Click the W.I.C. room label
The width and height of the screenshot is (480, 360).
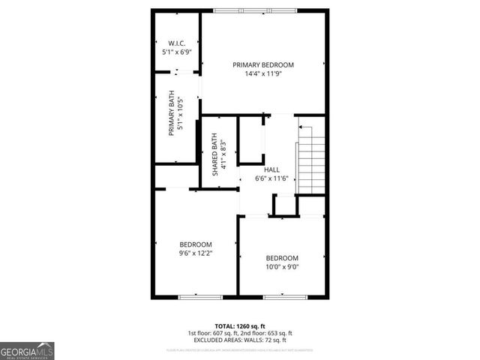(x=177, y=43)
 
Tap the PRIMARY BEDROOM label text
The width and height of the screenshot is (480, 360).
(x=262, y=64)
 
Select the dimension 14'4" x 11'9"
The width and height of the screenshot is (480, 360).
(x=262, y=74)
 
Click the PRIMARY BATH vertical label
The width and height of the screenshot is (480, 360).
(x=171, y=112)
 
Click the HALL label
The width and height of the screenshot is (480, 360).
(x=271, y=169)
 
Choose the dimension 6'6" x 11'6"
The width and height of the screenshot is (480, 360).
(x=271, y=178)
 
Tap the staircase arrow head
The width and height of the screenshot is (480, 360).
(x=301, y=128)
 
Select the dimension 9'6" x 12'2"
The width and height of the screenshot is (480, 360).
(x=195, y=253)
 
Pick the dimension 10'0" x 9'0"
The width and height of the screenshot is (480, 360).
(x=282, y=266)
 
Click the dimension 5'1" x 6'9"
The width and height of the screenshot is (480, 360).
(x=177, y=52)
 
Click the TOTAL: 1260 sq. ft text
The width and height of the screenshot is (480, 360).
(x=239, y=326)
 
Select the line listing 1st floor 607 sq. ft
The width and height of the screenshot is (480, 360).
(x=240, y=334)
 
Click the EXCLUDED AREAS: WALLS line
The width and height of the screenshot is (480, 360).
(x=240, y=340)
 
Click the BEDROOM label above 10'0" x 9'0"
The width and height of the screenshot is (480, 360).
(x=282, y=257)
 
